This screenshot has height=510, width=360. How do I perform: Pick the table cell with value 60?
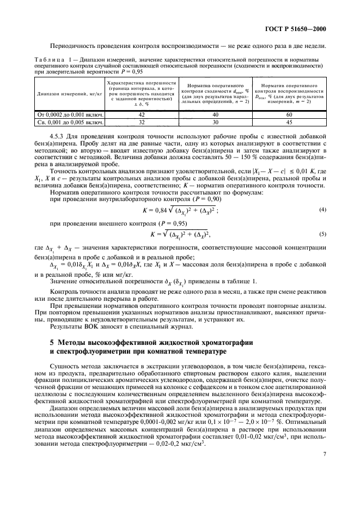coord(289,115)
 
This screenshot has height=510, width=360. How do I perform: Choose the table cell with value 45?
coord(289,123)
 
